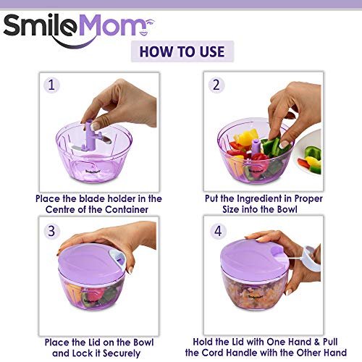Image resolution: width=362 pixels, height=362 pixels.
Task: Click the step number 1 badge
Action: [x=51, y=85]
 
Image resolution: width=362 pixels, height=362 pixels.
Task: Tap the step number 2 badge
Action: [x=216, y=85]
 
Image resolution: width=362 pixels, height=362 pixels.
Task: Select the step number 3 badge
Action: [x=51, y=231]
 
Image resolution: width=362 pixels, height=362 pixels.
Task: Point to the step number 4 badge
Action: [x=218, y=231]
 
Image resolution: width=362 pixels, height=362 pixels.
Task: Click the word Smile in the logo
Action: [x=41, y=27]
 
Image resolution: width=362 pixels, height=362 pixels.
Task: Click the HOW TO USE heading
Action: [x=182, y=51]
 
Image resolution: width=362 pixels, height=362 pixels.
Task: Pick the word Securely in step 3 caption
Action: [x=122, y=353]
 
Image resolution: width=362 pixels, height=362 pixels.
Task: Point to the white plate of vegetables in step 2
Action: [x=308, y=153]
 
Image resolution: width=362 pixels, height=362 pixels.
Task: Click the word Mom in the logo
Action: [x=110, y=25]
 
